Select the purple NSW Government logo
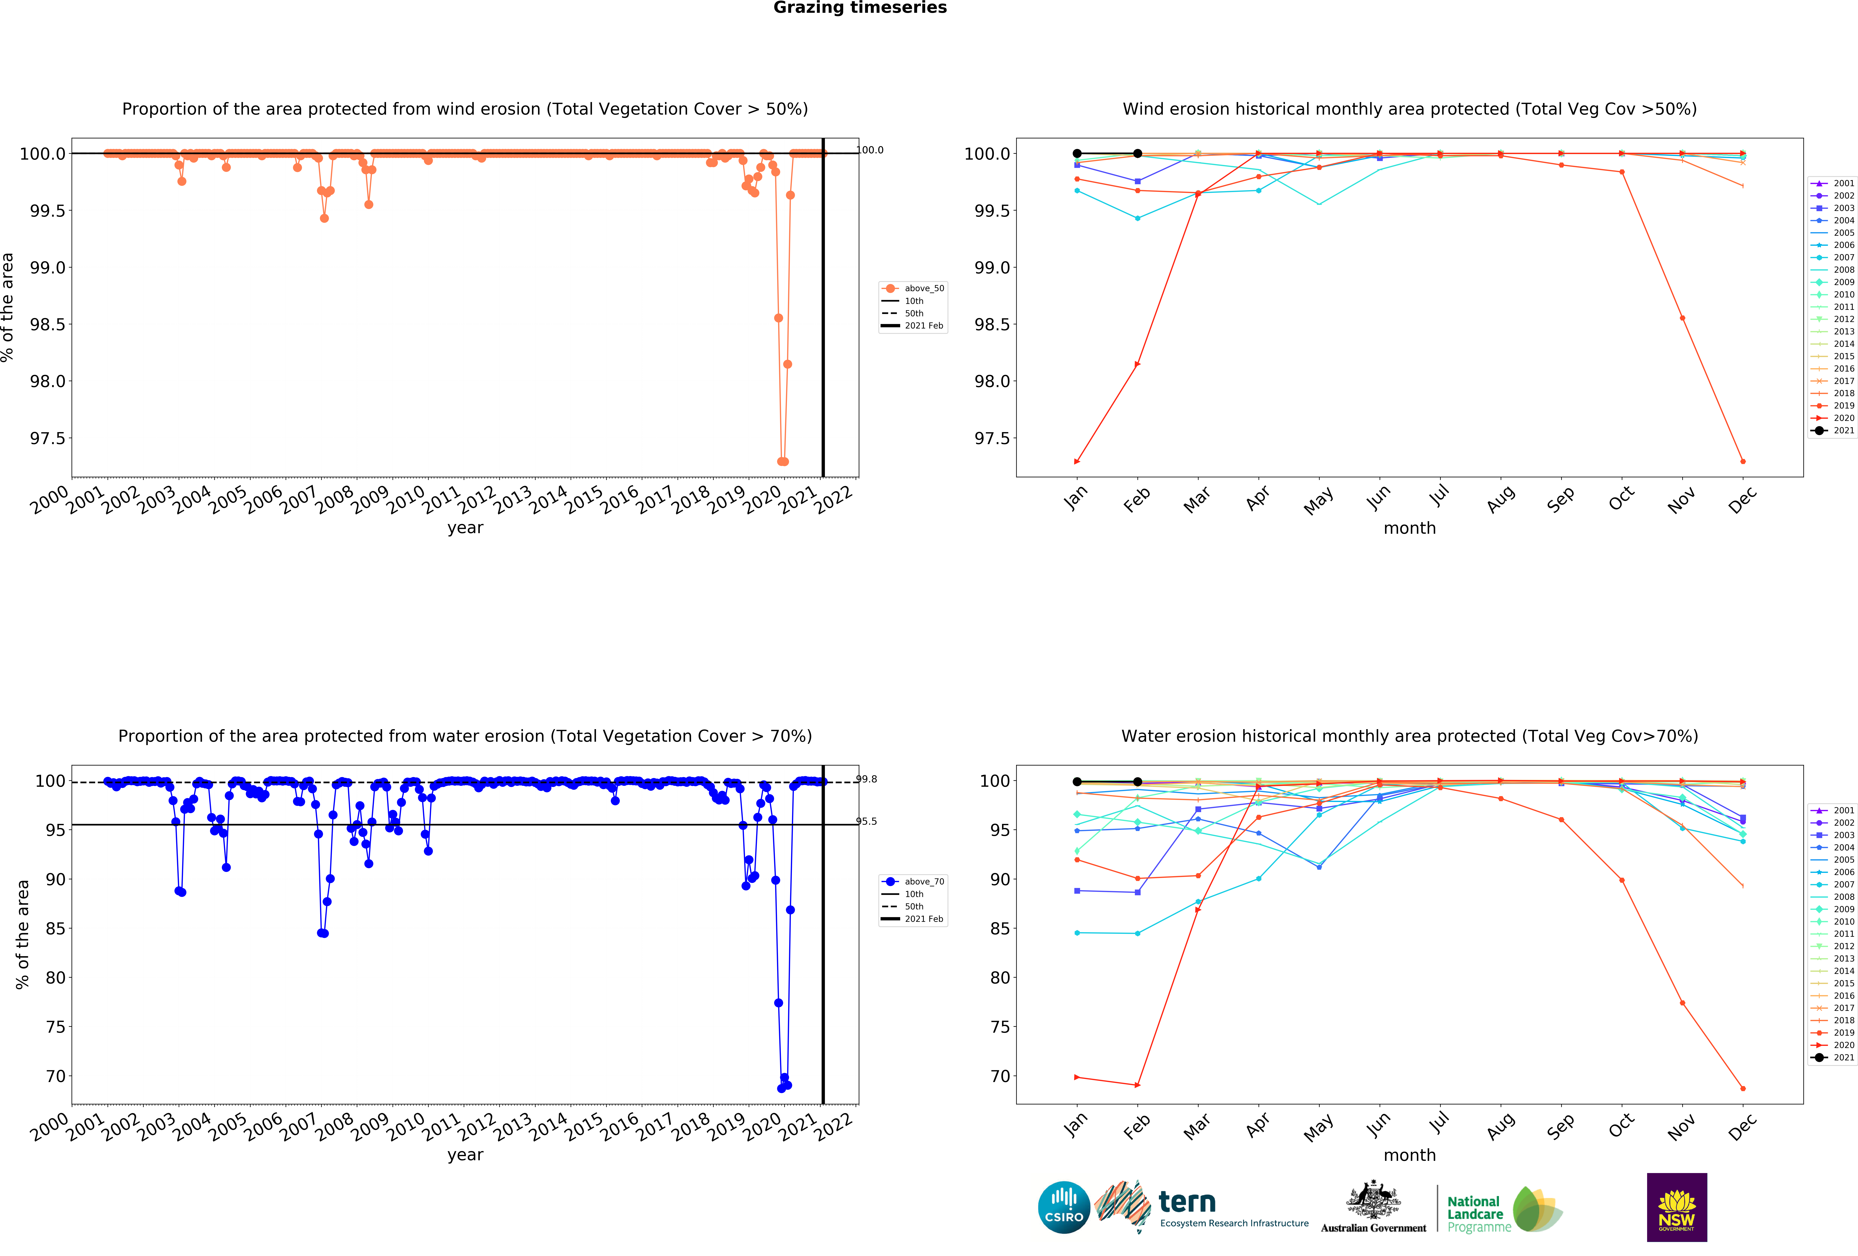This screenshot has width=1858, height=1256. pos(1677,1207)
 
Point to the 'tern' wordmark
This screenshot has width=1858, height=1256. pos(1187,1202)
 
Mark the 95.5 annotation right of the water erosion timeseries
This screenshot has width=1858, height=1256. pos(867,821)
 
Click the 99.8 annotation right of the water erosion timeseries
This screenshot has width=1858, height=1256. pos(867,779)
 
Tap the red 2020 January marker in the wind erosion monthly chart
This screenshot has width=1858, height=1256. pos(1077,461)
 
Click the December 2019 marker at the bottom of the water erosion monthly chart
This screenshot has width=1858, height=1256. pos(1743,1088)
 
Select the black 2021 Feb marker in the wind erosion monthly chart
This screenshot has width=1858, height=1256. pos(1138,154)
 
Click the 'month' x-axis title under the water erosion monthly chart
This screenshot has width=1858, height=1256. pos(1409,1155)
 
